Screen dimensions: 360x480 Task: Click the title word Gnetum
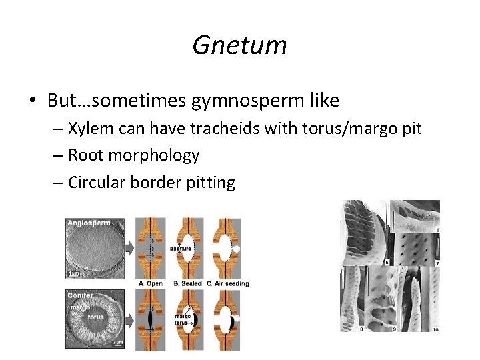pos(239,45)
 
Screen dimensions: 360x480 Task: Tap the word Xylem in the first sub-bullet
pos(91,129)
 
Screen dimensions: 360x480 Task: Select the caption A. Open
pos(150,283)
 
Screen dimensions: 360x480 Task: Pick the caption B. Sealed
pos(189,283)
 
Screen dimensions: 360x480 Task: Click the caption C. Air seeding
pos(229,283)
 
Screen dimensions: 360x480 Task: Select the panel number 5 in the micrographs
pos(386,262)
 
